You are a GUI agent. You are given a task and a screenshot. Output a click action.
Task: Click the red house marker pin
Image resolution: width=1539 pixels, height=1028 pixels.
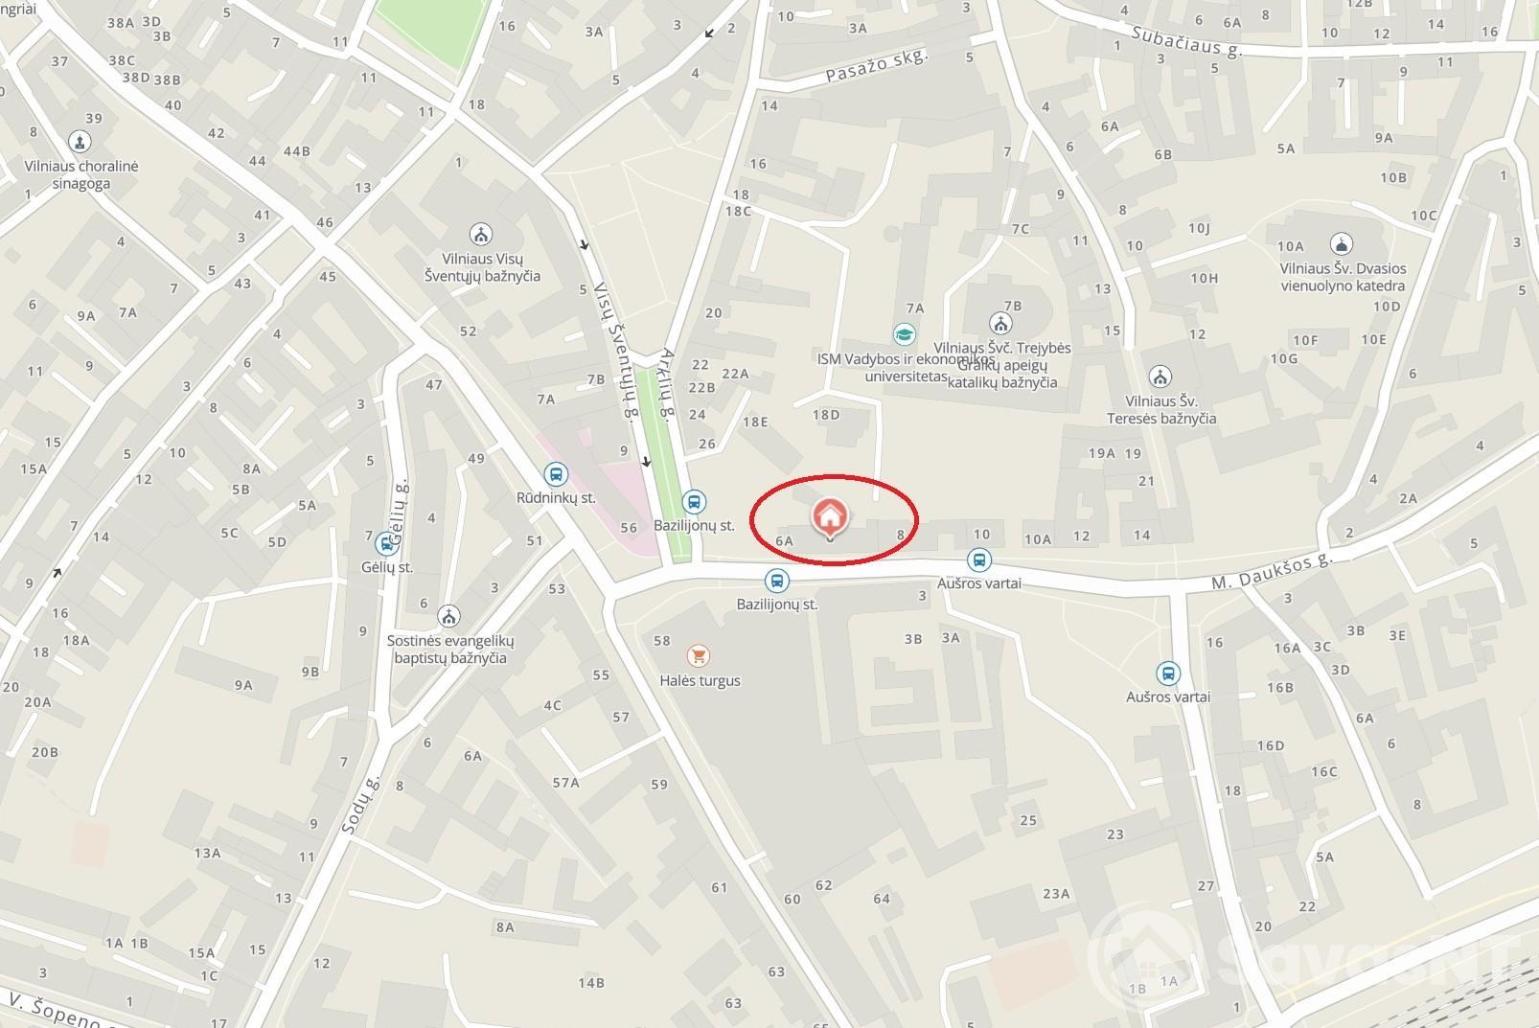pos(830,516)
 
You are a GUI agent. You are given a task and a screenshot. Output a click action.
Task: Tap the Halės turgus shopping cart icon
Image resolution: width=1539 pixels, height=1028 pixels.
pos(699,656)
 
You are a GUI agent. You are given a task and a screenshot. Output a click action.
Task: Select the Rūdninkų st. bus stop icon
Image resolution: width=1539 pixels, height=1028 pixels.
pos(555,473)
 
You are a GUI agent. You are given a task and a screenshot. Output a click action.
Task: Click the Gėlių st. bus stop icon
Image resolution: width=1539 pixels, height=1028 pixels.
pos(387,543)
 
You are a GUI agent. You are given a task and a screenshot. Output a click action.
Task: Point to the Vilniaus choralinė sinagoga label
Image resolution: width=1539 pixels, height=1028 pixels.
pos(81,174)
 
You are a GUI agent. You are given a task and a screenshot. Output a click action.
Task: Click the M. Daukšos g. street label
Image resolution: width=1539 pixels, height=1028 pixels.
pos(1272,571)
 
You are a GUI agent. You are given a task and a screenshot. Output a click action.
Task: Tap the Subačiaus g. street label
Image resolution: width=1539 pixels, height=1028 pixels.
pos(1185,40)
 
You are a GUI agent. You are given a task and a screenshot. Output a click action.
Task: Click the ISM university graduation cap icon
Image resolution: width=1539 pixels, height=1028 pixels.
pos(904,334)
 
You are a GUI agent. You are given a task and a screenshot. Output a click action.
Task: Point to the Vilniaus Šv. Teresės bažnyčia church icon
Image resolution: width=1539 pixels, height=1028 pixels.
pos(1160,376)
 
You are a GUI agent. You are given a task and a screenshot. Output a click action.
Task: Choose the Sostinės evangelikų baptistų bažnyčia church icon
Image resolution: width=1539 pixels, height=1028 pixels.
pos(448,615)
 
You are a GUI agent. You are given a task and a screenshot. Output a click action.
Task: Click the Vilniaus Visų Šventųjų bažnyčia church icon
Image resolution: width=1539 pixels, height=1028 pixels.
pos(481,234)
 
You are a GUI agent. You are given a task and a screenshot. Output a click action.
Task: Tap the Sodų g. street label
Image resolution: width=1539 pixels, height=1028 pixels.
pos(360,802)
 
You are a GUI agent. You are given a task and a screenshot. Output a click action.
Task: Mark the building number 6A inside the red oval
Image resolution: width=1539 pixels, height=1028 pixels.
pos(784,541)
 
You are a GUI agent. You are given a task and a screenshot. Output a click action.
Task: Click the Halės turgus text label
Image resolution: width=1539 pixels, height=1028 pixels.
pos(700,681)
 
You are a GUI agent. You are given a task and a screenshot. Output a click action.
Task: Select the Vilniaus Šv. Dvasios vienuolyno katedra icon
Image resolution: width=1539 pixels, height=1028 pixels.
pos(1342,244)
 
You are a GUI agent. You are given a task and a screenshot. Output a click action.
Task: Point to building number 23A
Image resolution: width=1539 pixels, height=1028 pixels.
pos(1056,894)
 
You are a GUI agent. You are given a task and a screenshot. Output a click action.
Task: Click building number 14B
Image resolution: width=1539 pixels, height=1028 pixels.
pos(590,982)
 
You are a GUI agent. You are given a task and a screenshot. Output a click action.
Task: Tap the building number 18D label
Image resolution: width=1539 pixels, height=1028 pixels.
pos(825,415)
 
